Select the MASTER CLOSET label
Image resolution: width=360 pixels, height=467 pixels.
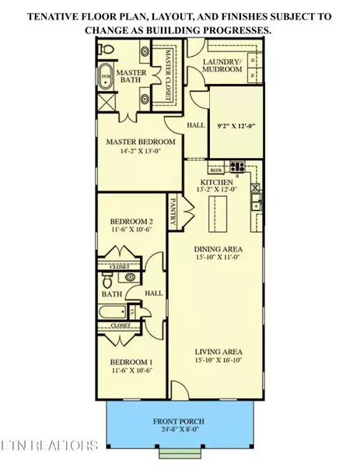pyautogui.click(x=166, y=70)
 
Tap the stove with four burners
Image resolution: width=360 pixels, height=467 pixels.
pyautogui.click(x=236, y=166)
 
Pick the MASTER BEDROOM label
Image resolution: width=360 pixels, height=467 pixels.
pyautogui.click(x=140, y=142)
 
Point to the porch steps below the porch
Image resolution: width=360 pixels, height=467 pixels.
pyautogui.click(x=180, y=452)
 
